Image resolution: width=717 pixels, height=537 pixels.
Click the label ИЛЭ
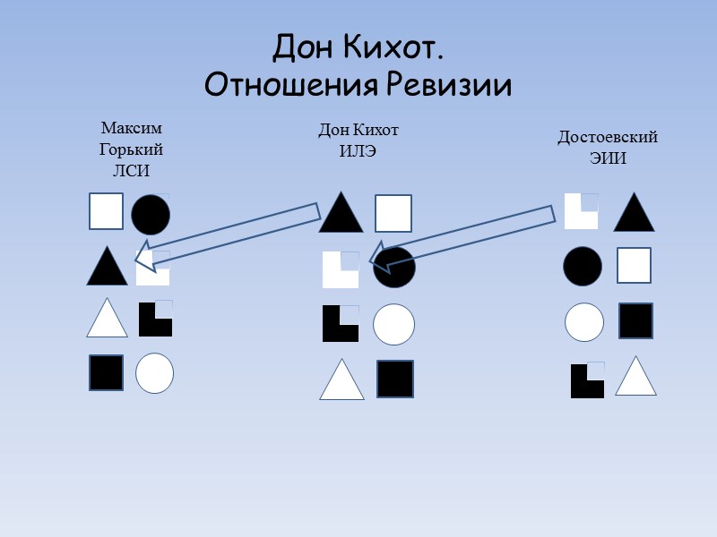(x=358, y=150)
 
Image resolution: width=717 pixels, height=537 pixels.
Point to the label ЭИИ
(x=608, y=158)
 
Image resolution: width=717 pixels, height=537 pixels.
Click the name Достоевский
(x=608, y=138)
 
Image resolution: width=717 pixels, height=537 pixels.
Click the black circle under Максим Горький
(x=151, y=214)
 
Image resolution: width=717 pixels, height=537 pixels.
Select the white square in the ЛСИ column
(x=106, y=211)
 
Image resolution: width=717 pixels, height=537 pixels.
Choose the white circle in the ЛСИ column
(x=155, y=372)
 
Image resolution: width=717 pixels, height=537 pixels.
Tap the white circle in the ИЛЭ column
(x=393, y=324)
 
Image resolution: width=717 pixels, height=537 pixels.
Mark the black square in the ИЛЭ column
(x=394, y=379)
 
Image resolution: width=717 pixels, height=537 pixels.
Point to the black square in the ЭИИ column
(x=635, y=320)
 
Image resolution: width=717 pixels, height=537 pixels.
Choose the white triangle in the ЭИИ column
(x=636, y=378)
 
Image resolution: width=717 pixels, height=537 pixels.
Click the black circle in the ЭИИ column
(x=583, y=266)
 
